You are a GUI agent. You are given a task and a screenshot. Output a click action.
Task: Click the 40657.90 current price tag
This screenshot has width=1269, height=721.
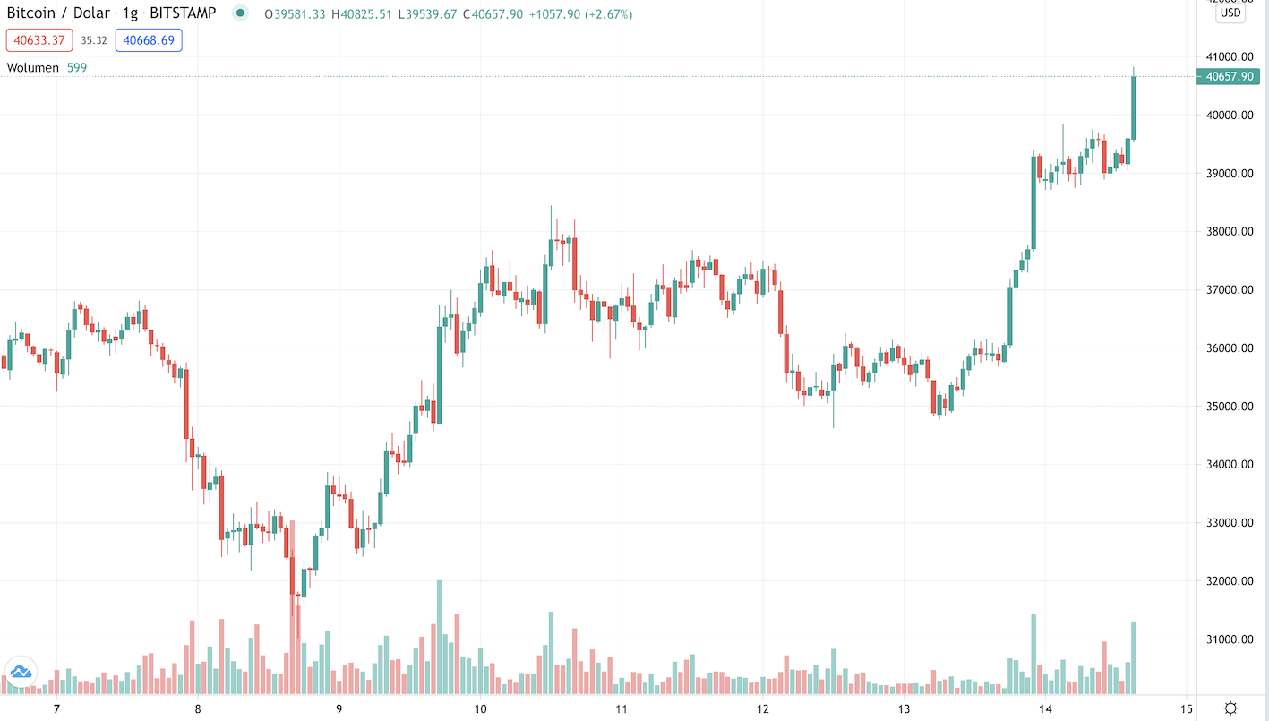(x=1229, y=77)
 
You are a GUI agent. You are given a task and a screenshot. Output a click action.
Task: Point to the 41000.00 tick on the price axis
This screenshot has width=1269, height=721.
(x=1230, y=56)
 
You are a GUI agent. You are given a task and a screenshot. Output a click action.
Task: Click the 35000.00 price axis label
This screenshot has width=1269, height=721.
(x=1230, y=407)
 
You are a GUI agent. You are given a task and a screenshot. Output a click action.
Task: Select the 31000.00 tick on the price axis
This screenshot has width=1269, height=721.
(x=1230, y=639)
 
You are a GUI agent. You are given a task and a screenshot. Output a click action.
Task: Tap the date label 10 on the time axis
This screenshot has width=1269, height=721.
(x=480, y=708)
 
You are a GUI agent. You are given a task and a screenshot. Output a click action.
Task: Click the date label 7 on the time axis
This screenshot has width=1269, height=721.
(x=56, y=708)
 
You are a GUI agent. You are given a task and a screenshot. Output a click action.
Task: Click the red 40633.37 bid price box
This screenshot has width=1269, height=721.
(x=39, y=40)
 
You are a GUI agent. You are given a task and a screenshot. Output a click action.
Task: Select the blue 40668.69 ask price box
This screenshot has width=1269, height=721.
(x=149, y=40)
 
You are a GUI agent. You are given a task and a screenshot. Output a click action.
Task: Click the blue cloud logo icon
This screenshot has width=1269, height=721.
(x=20, y=671)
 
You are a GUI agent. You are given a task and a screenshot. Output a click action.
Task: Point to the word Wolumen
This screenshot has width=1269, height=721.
(x=33, y=68)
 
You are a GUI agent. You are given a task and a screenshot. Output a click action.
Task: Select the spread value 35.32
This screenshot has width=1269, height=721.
(x=94, y=40)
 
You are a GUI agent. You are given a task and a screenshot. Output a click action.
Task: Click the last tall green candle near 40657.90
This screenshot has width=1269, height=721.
(x=1134, y=107)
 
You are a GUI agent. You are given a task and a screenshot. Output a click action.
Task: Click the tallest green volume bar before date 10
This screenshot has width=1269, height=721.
(x=439, y=636)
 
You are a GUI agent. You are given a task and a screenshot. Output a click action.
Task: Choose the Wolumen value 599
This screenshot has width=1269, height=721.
(x=77, y=68)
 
